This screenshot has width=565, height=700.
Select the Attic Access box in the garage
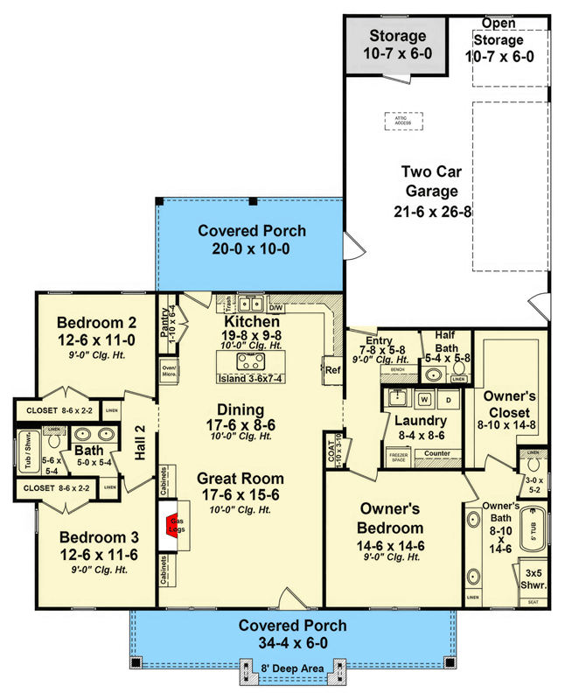pyautogui.click(x=402, y=121)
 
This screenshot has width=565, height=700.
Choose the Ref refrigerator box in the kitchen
pyautogui.click(x=331, y=369)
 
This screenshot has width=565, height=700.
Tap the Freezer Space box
pyautogui.click(x=398, y=458)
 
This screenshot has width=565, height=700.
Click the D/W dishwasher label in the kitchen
pyautogui.click(x=276, y=308)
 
